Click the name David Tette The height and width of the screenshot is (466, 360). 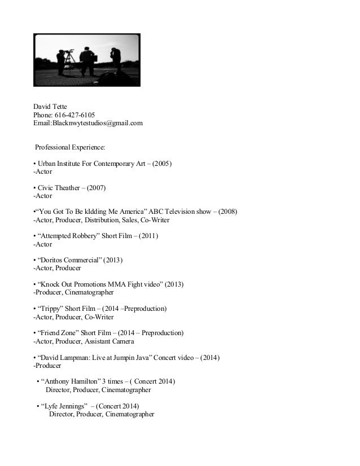(51, 106)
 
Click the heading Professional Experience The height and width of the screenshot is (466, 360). (70, 147)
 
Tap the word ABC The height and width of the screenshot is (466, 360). (157, 212)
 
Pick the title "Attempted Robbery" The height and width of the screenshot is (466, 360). (67, 236)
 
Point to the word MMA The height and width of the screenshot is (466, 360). (117, 285)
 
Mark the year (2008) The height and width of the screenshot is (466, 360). (227, 212)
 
